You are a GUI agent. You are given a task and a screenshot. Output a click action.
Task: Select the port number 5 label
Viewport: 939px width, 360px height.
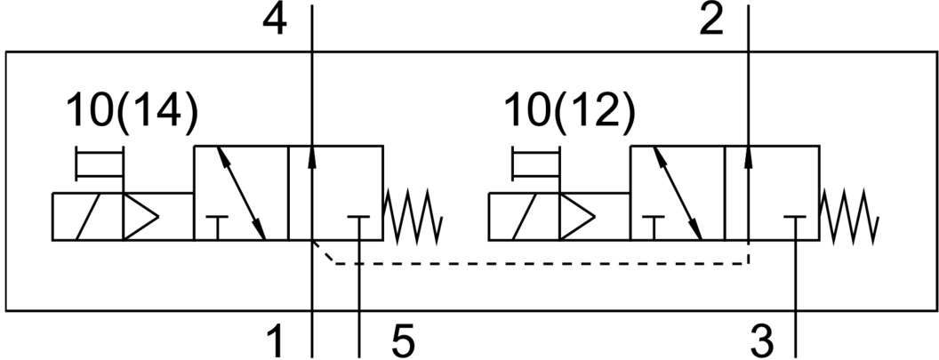[x=403, y=339]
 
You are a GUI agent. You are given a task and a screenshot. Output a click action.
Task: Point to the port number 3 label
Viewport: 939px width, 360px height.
[x=761, y=339]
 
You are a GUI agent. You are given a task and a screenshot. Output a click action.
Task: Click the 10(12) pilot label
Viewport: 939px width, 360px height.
[x=569, y=113]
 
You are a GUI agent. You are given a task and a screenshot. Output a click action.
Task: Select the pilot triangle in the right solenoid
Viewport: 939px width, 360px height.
[x=576, y=216]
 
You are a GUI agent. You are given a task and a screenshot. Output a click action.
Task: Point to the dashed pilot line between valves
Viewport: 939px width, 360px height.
[x=534, y=263]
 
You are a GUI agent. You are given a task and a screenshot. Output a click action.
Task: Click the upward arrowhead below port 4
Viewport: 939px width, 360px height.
[x=313, y=156]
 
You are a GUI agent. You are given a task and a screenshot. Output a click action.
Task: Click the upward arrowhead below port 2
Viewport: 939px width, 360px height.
[x=749, y=156]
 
